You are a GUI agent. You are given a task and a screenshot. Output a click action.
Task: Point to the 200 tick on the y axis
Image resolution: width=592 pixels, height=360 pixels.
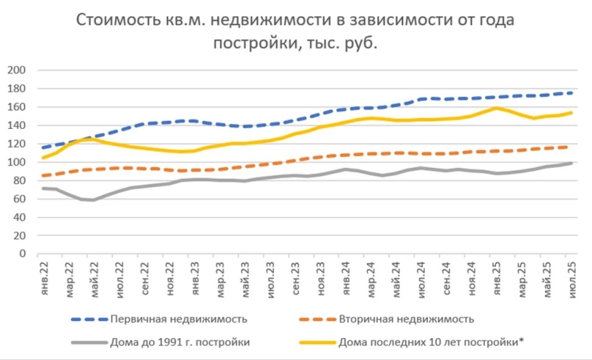(16, 70)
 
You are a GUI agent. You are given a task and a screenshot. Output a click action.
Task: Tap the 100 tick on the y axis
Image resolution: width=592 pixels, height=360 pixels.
(16, 162)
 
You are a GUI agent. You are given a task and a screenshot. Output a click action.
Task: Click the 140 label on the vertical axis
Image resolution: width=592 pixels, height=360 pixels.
(16, 126)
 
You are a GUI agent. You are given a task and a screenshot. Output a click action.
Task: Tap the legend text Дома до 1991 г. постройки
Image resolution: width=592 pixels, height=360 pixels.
(180, 342)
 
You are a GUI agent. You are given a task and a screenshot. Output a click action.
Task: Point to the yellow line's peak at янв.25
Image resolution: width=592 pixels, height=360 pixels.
(495, 108)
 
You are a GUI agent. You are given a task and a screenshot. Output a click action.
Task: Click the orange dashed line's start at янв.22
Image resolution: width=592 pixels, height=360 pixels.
(43, 176)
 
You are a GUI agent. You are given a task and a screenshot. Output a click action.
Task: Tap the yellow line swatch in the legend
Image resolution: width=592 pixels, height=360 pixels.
(316, 342)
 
